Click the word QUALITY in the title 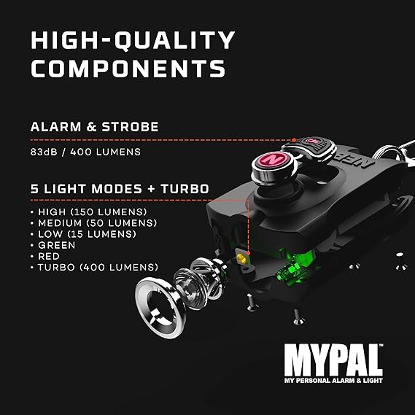(174, 40)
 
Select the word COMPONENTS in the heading (128, 69)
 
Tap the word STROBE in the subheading (131, 127)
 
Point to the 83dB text (44, 152)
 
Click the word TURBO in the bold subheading (185, 189)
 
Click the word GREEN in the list (57, 245)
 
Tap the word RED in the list (49, 256)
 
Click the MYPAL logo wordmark (333, 360)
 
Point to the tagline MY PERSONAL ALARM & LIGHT (333, 381)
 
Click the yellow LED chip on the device (241, 257)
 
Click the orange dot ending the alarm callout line (294, 140)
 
